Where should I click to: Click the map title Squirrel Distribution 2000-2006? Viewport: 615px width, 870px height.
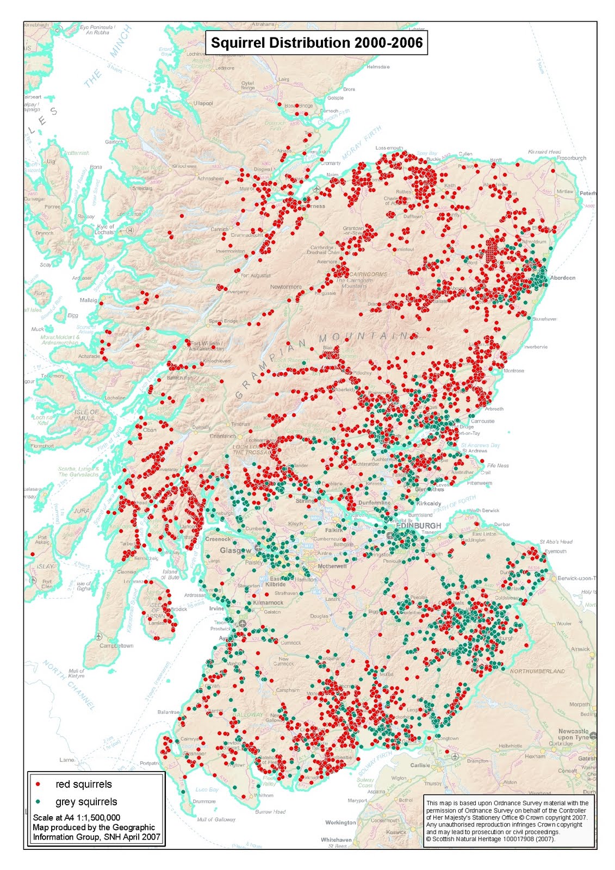(316, 43)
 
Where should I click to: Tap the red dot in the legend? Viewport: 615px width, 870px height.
(38, 785)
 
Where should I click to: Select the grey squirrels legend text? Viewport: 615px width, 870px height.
(86, 802)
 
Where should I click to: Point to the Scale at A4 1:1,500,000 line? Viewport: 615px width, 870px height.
(77, 818)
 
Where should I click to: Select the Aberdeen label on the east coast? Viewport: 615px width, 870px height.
(562, 278)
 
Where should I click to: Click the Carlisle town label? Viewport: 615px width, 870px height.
(420, 765)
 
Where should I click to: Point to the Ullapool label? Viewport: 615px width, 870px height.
(203, 103)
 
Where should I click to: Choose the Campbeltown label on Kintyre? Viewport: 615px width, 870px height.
(116, 646)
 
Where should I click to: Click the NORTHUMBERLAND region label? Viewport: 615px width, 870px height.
(537, 671)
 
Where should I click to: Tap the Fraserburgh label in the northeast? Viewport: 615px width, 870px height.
(571, 158)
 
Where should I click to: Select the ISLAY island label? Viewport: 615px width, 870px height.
(45, 566)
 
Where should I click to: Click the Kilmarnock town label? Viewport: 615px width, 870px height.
(268, 602)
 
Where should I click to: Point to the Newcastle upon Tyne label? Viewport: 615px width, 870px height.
(573, 734)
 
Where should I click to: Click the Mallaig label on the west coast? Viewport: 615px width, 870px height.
(89, 300)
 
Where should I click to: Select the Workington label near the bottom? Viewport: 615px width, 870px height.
(340, 823)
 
